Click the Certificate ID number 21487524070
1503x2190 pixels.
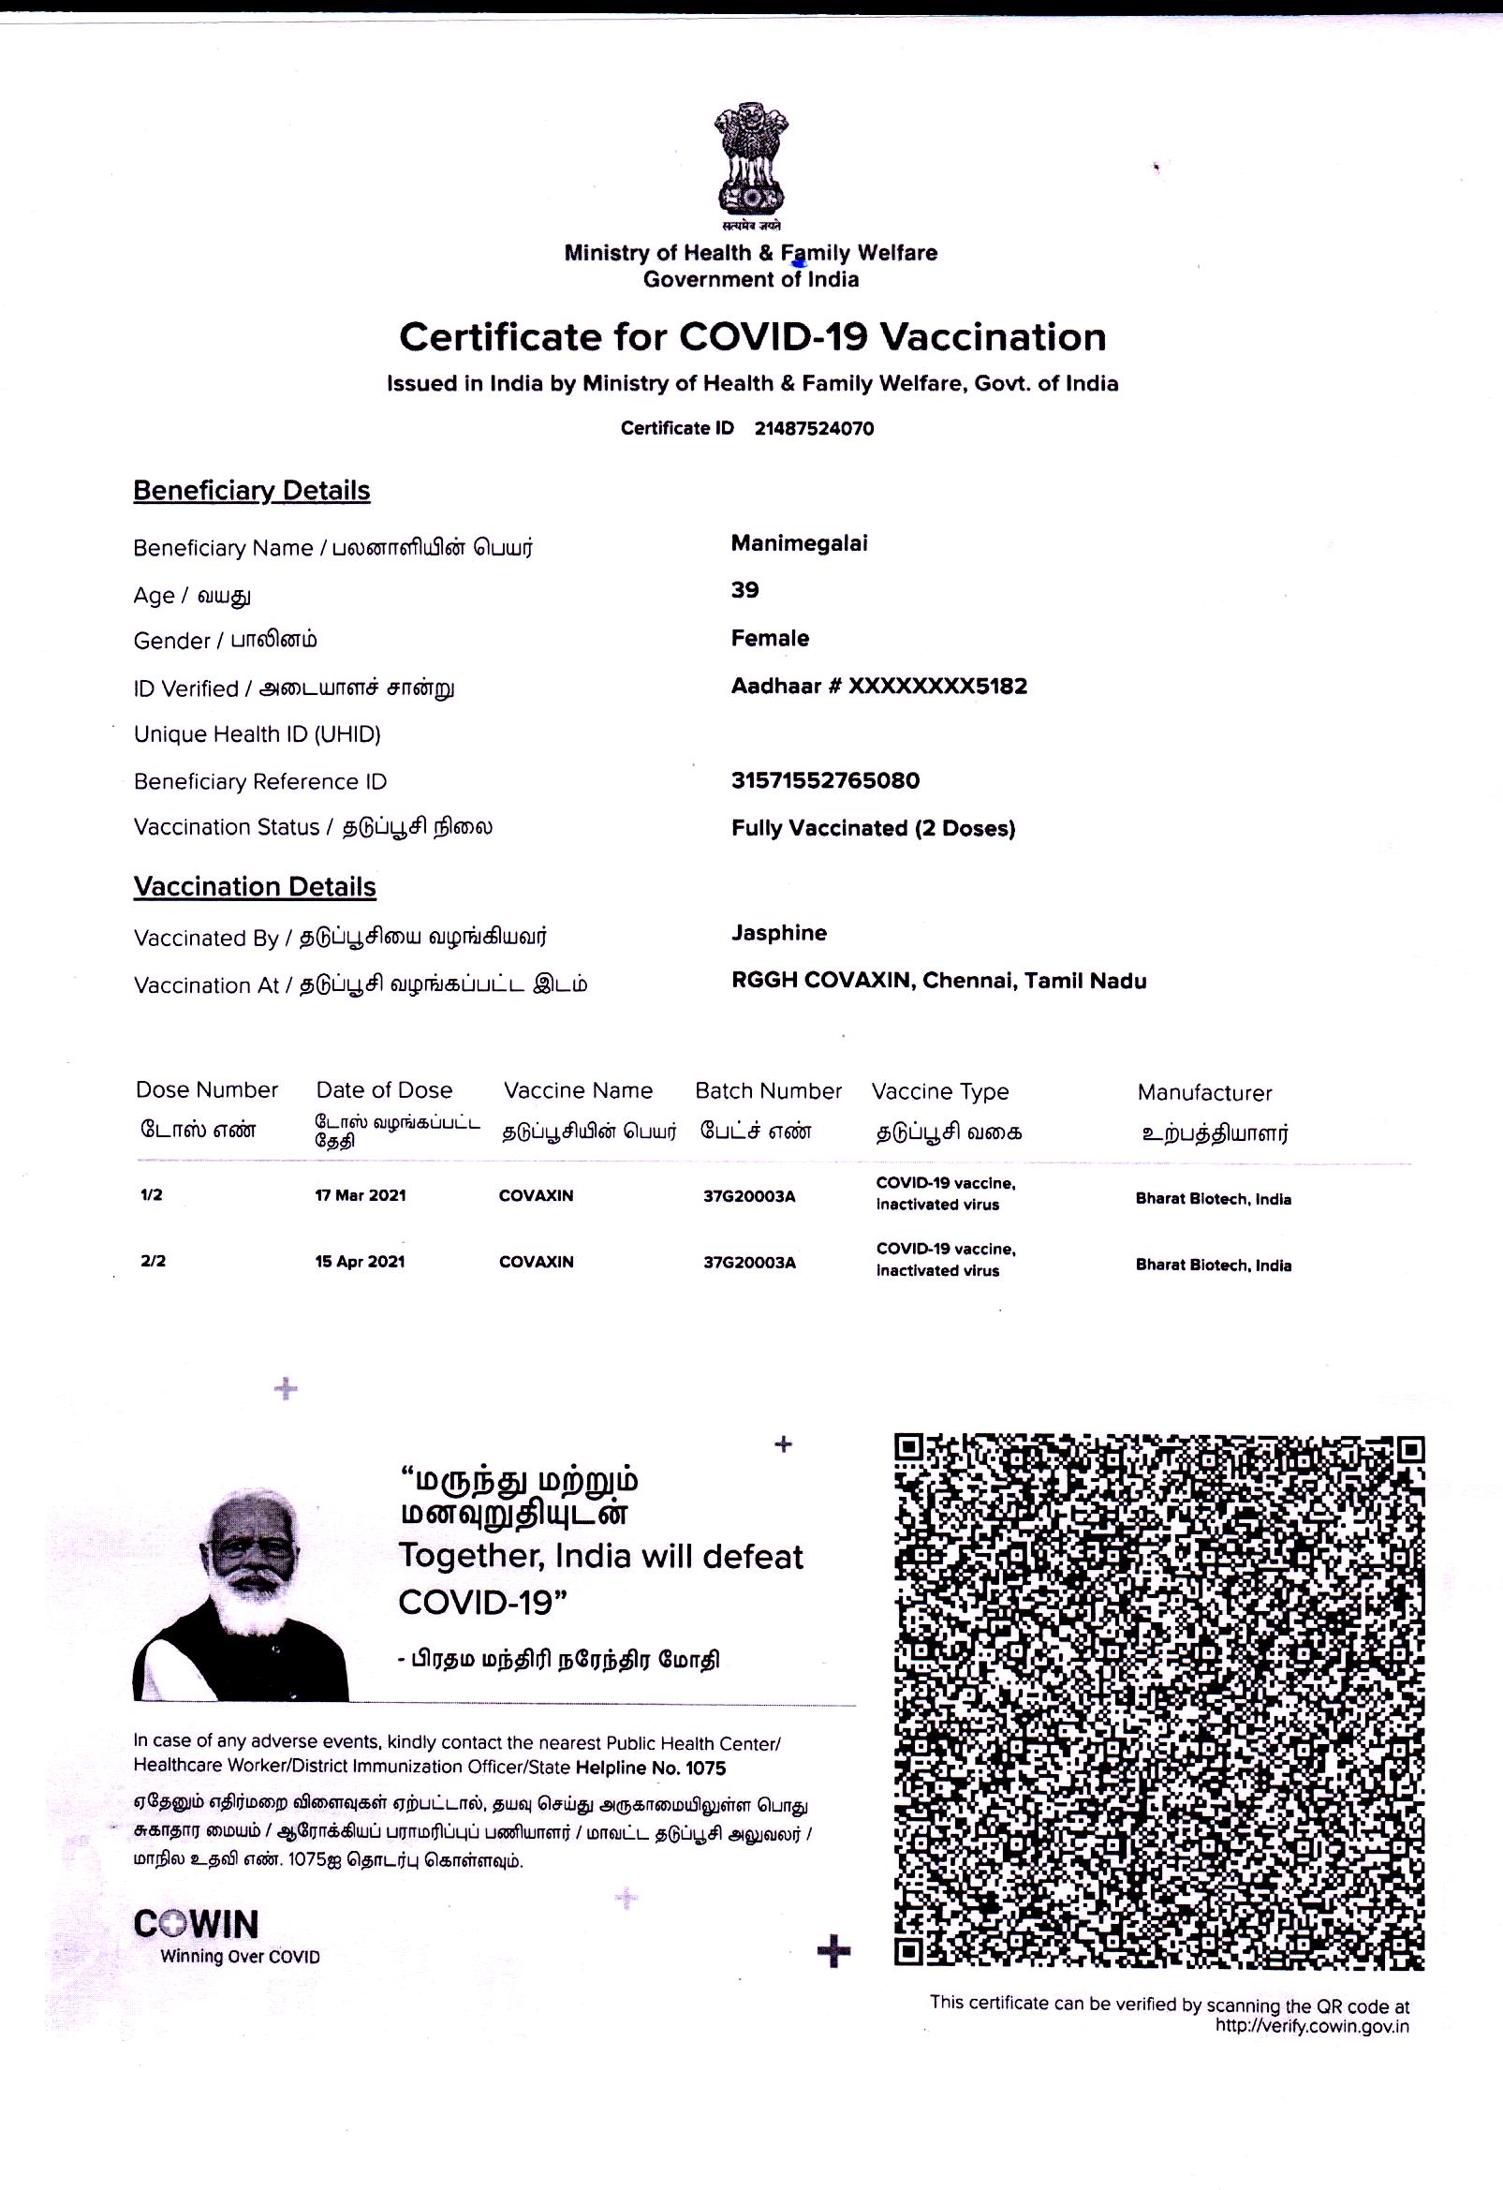point(813,429)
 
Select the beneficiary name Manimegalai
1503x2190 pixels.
point(799,542)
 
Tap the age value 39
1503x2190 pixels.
point(744,590)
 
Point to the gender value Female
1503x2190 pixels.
point(770,638)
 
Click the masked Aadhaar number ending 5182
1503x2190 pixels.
point(878,686)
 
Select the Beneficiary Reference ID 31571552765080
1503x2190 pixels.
point(825,780)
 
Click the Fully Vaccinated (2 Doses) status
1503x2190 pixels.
point(873,828)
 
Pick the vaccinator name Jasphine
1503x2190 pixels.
point(778,933)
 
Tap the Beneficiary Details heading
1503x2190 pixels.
point(252,490)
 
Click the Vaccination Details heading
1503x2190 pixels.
point(255,887)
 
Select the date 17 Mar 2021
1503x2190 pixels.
point(360,1195)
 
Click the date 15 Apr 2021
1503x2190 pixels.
point(360,1261)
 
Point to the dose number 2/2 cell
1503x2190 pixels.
point(153,1261)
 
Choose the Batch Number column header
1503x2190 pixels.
point(768,1090)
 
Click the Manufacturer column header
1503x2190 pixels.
point(1204,1093)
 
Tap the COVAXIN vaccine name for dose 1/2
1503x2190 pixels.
point(537,1195)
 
